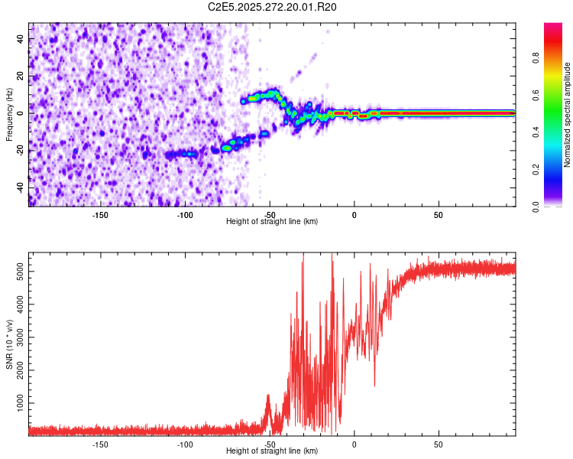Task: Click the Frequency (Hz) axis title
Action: [9, 115]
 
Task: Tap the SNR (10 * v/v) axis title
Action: [9, 344]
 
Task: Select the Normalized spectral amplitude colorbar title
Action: [567, 115]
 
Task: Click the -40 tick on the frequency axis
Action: [19, 187]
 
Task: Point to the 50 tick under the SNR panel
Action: [439, 444]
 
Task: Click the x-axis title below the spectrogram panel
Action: [272, 222]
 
